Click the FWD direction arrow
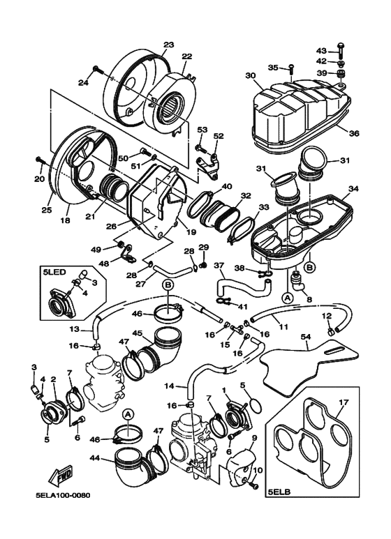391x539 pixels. click(x=61, y=476)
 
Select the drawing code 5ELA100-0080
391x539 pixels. click(x=64, y=495)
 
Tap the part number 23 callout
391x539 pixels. click(x=169, y=45)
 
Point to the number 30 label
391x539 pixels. click(x=249, y=75)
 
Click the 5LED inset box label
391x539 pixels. click(x=54, y=271)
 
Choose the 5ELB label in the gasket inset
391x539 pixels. click(x=279, y=492)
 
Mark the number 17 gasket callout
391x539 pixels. click(x=344, y=402)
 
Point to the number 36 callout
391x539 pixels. click(x=354, y=133)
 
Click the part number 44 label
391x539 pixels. click(x=95, y=457)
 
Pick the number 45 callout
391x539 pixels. click(x=138, y=333)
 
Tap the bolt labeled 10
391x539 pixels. click(x=253, y=485)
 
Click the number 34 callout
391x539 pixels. click(x=353, y=188)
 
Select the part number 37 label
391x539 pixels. click(x=219, y=266)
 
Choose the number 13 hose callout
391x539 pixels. click(x=75, y=329)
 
